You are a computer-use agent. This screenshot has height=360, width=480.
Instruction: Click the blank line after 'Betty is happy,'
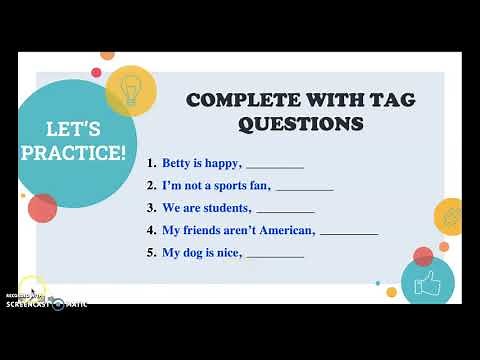[x=275, y=166]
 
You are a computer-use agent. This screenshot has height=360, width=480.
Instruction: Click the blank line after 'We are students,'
[x=286, y=211]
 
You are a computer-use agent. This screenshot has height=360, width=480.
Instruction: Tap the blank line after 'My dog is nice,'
[x=275, y=256]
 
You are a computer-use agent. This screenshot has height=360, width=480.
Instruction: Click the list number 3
[x=149, y=208]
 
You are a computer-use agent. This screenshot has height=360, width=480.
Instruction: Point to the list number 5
[x=149, y=253]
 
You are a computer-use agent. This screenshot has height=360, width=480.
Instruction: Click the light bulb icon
[x=129, y=90]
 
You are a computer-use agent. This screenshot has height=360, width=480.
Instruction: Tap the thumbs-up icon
[x=427, y=282]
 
